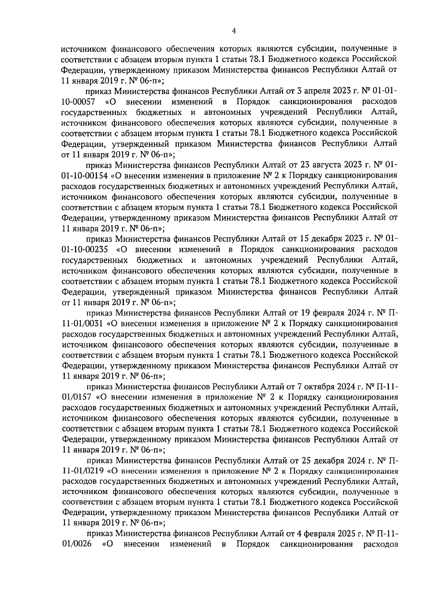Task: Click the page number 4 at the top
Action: pyautogui.click(x=233, y=31)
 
